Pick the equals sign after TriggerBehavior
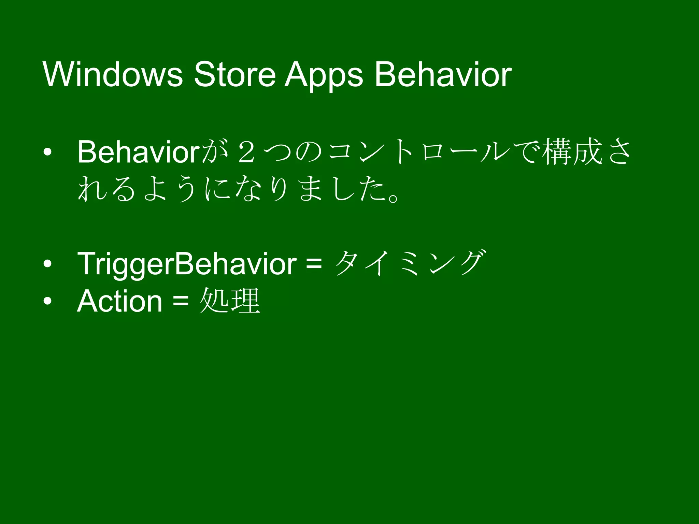314,263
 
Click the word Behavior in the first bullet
138,152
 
